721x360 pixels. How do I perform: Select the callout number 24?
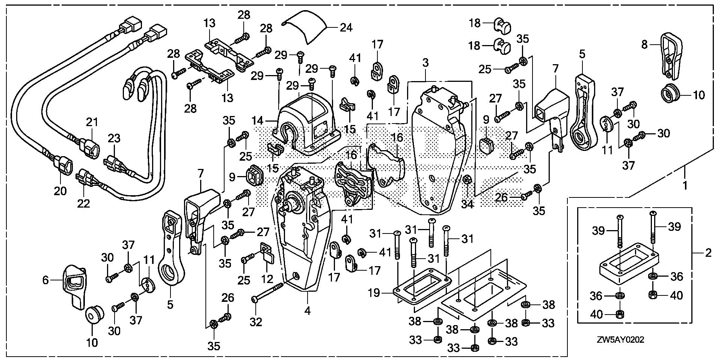pos(346,27)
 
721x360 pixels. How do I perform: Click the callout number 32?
pos(256,322)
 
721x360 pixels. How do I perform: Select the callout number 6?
pos(45,280)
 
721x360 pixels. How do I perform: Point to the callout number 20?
pos(60,191)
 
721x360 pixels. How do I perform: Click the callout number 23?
pos(114,139)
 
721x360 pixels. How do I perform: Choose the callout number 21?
pos(92,122)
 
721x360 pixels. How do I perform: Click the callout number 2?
pos(708,253)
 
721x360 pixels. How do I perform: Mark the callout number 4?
pos(308,311)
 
